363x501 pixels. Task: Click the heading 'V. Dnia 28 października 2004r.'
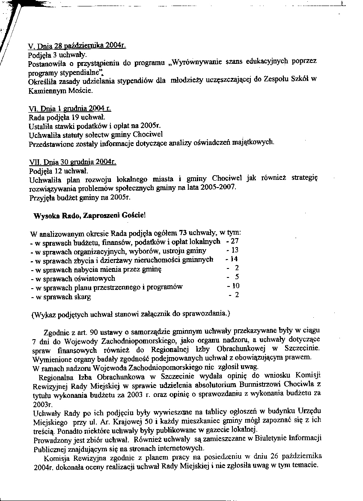77,46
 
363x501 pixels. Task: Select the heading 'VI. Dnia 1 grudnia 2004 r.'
71,109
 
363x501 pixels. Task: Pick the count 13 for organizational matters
235,250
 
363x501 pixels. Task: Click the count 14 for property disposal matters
234,259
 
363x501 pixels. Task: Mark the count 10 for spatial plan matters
235,286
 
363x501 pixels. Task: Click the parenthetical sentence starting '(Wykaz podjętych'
131,313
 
